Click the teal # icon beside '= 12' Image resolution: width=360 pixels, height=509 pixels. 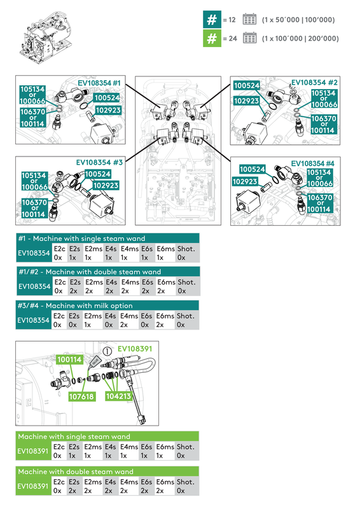[x=212, y=19]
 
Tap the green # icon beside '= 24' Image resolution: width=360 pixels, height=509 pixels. [x=212, y=38]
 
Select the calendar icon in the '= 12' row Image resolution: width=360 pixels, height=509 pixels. [x=249, y=19]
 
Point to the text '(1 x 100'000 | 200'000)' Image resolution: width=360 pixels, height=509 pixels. [x=300, y=38]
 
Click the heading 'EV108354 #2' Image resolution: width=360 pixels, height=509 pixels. [x=314, y=83]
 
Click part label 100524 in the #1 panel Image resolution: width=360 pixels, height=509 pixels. [x=107, y=98]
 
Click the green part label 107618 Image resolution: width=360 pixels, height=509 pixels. [x=81, y=396]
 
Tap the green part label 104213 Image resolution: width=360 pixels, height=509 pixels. [x=119, y=396]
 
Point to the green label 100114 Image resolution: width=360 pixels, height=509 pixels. [x=69, y=359]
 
